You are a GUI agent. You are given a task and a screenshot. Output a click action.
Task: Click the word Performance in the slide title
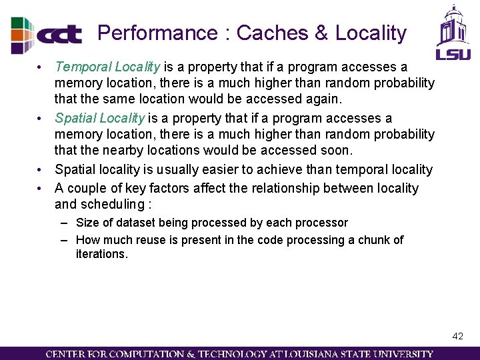pos(157,33)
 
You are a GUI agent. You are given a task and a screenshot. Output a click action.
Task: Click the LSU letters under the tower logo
pos(453,53)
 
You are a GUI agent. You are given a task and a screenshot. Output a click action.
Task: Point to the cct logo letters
pos(60,35)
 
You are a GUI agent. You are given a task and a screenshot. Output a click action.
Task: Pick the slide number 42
pos(457,336)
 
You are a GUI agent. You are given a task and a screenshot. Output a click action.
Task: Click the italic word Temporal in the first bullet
pos(83,67)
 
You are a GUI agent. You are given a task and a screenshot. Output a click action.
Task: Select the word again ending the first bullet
pos(322,99)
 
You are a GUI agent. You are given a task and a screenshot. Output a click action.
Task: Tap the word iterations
pos(101,254)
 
